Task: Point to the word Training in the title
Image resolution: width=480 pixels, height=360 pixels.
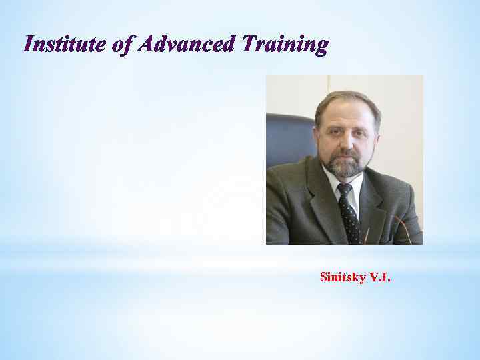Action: point(285,45)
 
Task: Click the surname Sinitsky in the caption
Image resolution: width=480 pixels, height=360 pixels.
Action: point(343,277)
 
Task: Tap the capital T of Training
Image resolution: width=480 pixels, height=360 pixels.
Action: point(249,45)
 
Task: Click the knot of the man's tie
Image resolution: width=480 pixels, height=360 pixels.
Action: point(344,190)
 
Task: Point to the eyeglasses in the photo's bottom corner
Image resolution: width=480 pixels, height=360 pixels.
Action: point(400,230)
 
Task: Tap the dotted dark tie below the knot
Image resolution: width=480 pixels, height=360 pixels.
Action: point(349,217)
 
